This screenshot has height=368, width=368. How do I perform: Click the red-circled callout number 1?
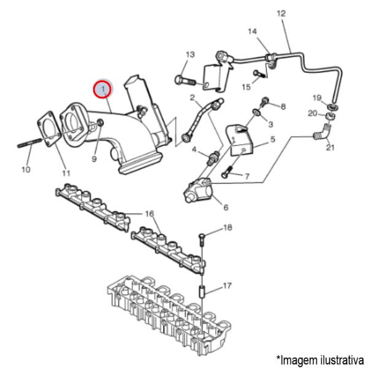coord(102,90)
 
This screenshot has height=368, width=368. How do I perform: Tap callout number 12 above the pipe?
coord(282,13)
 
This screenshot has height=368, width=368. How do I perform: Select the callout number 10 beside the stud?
coord(26,169)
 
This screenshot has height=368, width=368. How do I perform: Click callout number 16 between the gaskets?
coord(149,213)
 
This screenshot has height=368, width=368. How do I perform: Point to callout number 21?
coord(331,148)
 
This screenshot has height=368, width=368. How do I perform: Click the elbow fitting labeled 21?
coord(323,131)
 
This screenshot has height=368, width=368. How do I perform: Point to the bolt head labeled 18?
coord(202,235)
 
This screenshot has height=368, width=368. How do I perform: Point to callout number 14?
coord(253,31)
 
